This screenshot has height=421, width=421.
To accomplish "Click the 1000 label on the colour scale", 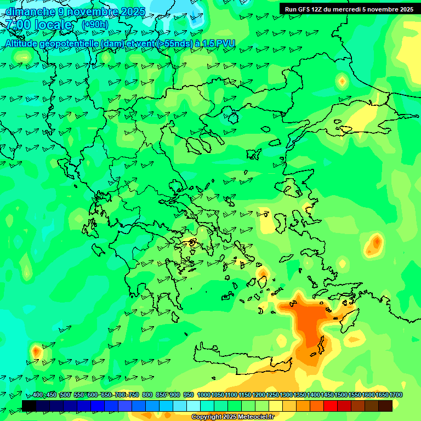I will (204, 395).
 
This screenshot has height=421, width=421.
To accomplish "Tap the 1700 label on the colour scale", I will (396, 395).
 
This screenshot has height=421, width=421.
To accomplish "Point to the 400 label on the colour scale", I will (38, 395).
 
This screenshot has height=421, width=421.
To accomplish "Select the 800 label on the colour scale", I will (147, 395).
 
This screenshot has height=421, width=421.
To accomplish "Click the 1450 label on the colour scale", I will (327, 395).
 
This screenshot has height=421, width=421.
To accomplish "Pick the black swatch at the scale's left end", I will (29, 406).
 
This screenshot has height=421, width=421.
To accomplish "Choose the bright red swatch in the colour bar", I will (331, 406).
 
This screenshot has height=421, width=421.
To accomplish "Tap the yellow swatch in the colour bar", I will (276, 406).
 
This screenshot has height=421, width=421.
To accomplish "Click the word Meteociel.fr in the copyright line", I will (253, 417).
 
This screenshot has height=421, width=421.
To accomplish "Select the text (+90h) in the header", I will (95, 25).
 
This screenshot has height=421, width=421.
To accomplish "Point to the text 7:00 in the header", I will (17, 25).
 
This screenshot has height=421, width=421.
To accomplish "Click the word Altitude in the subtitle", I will (22, 43).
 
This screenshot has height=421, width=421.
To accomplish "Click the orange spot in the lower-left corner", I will (37, 350).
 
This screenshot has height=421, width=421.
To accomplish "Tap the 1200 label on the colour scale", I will (259, 395).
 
